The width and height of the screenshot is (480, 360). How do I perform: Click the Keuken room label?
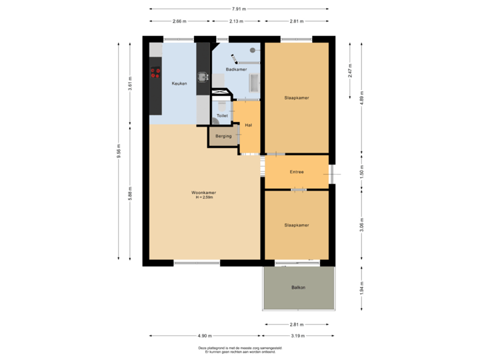[x=179, y=83]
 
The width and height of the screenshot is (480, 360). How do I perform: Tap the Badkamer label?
[x=236, y=69]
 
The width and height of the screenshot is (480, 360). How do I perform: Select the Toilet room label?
[x=222, y=116]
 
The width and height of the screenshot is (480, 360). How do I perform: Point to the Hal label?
[x=248, y=125]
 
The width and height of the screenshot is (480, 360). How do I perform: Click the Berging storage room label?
[x=223, y=136]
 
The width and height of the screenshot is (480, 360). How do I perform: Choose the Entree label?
[x=297, y=172]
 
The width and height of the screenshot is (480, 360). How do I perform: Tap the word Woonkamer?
[x=205, y=193]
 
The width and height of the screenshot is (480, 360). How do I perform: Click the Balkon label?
[x=298, y=287]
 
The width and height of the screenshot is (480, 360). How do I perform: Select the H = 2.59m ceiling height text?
[x=205, y=197]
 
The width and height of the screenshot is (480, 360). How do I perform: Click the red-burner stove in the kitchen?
[x=155, y=73]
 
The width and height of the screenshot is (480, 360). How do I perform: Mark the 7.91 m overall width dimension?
[x=239, y=9]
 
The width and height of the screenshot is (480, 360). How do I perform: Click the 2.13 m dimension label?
[x=235, y=21]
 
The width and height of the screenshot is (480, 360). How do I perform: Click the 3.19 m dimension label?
[x=297, y=335]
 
